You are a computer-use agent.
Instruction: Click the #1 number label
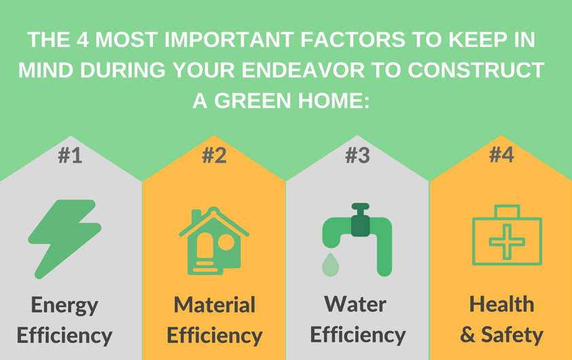coord(70,156)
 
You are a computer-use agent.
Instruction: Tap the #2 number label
coord(214,156)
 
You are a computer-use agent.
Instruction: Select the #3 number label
coord(357,156)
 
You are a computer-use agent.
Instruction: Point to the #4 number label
coord(501,155)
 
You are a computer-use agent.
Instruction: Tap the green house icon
coord(214,240)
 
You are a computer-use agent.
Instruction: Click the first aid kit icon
coord(507,235)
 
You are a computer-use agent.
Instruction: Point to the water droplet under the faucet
coord(331,265)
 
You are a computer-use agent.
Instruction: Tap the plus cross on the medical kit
coord(507,242)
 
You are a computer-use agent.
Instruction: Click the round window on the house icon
coord(226,242)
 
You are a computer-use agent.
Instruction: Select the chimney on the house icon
coord(196,216)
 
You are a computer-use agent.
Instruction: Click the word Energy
coord(65,306)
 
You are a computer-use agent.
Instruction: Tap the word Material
coord(214,304)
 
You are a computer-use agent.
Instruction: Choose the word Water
coord(355,304)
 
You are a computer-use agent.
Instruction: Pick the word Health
coord(501,304)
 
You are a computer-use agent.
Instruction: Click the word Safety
coord(512,335)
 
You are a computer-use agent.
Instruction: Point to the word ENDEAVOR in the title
coord(303,70)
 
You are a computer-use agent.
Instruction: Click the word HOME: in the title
coord(334,101)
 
